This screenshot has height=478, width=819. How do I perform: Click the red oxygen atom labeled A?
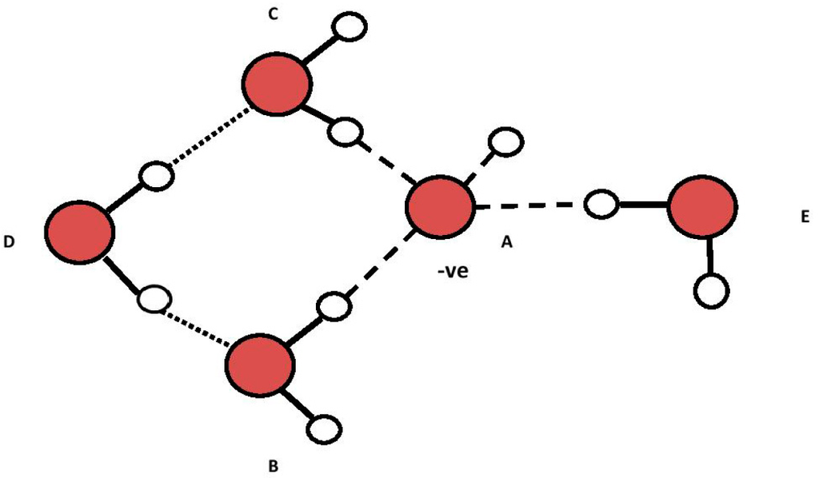coord(439,207)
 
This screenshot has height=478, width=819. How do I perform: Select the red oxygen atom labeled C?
coord(277,83)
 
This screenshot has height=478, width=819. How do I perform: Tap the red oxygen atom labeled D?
coord(78,231)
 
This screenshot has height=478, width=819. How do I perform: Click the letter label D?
coord(9,240)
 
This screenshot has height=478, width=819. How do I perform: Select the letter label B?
coord(273,464)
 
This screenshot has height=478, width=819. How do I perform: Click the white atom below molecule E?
coord(710,290)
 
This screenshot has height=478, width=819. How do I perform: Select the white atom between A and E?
coord(601,205)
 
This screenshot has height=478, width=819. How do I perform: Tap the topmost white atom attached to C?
coord(350,26)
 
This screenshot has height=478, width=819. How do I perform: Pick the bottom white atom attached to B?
coord(325,429)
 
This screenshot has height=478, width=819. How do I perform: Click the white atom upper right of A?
coord(506,142)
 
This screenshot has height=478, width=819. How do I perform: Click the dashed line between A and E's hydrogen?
coord(529,206)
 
